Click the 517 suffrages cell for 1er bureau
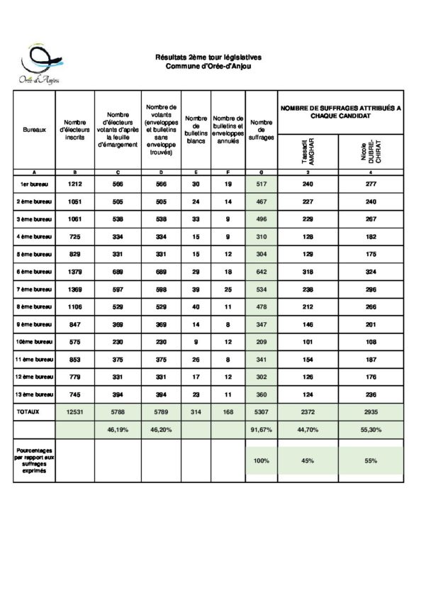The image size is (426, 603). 262,184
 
